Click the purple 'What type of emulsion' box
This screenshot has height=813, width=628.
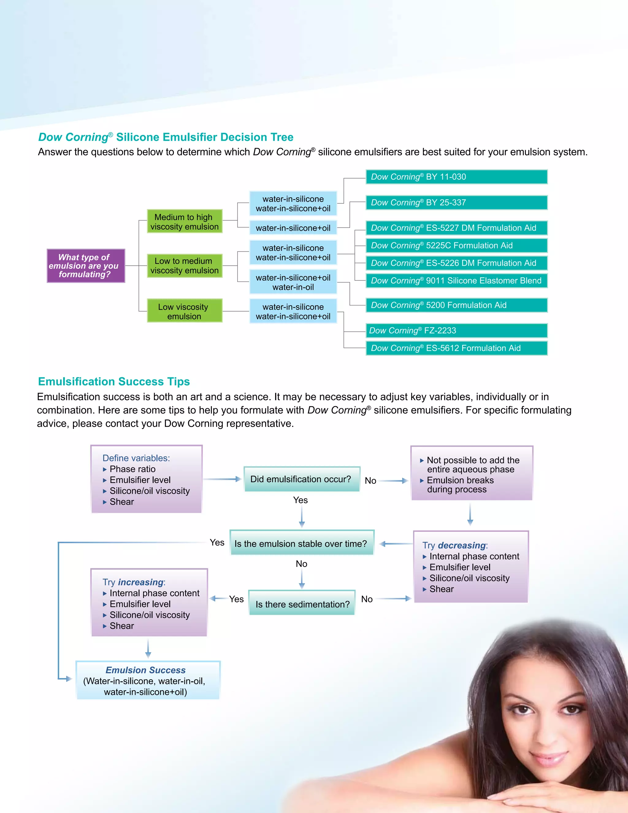(x=86, y=266)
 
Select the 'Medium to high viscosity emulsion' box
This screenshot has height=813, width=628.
(x=185, y=222)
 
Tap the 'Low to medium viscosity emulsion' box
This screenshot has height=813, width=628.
(x=185, y=266)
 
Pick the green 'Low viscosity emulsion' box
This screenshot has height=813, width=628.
(x=185, y=311)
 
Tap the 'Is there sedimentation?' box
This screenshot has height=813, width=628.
(x=302, y=604)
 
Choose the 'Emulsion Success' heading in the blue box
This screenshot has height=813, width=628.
(x=145, y=670)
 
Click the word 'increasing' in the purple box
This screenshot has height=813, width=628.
(x=141, y=582)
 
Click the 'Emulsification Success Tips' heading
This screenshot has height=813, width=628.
(x=114, y=382)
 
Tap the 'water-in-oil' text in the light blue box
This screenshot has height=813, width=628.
(x=293, y=287)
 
